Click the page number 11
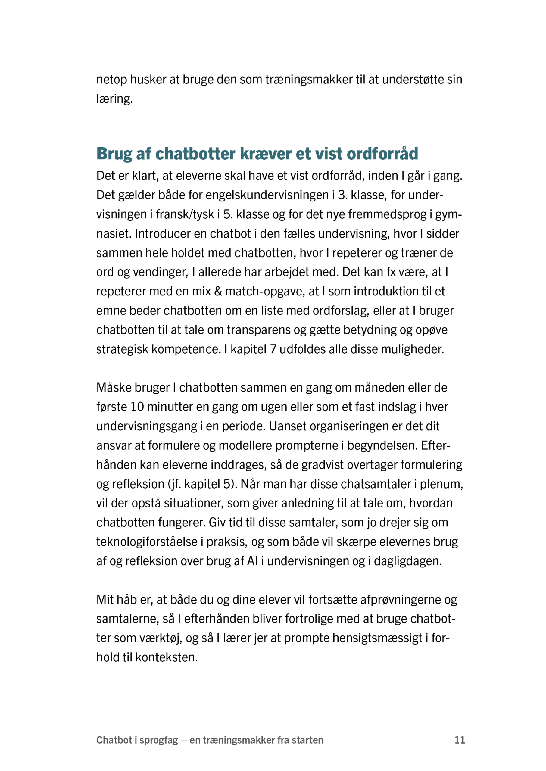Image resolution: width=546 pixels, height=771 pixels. click(460, 740)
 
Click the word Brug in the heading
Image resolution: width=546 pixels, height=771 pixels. click(114, 154)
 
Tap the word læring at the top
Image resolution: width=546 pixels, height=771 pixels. click(114, 99)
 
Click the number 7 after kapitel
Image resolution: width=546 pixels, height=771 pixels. click(273, 349)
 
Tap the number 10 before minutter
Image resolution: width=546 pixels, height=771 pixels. click(137, 407)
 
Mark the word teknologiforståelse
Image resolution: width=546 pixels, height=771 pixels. click(147, 542)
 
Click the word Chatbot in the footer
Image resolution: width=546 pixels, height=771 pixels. click(114, 740)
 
